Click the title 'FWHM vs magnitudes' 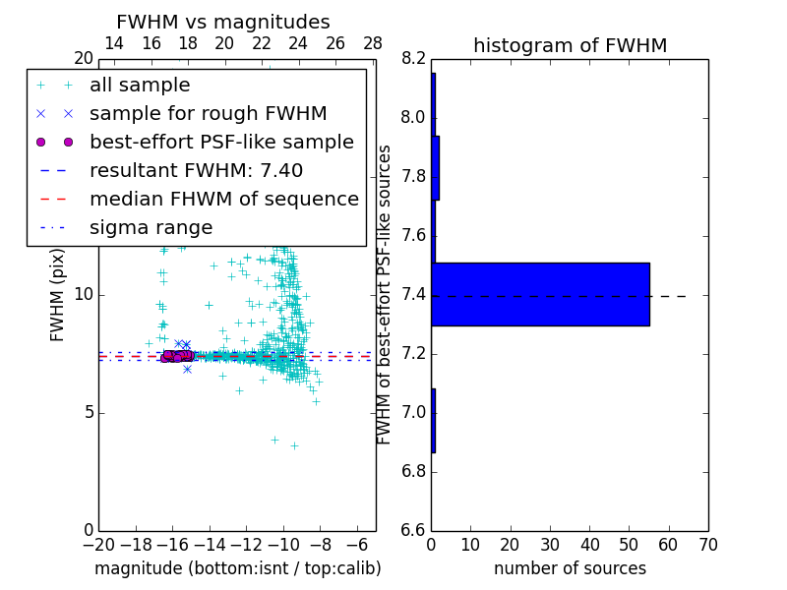tap(223, 22)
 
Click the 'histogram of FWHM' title tap(570, 45)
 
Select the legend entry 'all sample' tap(140, 86)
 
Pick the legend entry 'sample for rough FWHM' tap(208, 114)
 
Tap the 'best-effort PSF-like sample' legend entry tap(221, 143)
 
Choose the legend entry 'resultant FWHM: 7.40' tap(196, 171)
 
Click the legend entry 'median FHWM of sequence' tap(223, 200)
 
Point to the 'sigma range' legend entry tap(151, 228)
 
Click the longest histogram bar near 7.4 tap(540, 294)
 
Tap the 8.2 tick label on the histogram tap(413, 59)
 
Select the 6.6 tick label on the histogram tap(413, 530)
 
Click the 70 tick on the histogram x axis tap(707, 544)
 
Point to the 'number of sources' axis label tap(570, 568)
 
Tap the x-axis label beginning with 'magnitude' tap(238, 568)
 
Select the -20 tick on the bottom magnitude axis tap(98, 544)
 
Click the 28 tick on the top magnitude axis tap(373, 43)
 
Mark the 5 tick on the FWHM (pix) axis tap(86, 412)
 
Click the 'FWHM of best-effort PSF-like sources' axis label tap(386, 294)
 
